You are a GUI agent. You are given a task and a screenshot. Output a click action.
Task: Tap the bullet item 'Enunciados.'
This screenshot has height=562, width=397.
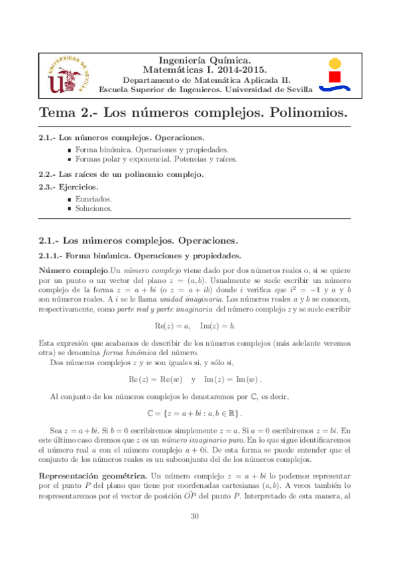point(93,199)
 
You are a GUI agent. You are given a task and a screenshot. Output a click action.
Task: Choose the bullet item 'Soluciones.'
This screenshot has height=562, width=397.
point(93,207)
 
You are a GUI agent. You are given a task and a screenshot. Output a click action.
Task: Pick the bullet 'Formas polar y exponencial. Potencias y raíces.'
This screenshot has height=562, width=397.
point(155,159)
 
